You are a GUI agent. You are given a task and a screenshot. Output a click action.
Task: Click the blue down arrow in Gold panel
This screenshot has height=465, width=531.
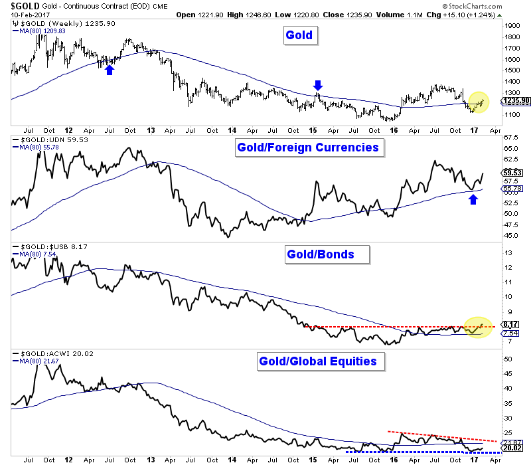[318, 84]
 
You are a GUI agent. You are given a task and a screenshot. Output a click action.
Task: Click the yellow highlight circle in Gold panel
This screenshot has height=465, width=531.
[477, 102]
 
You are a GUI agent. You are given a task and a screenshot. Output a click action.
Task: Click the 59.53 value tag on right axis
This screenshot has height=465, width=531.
[510, 171]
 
